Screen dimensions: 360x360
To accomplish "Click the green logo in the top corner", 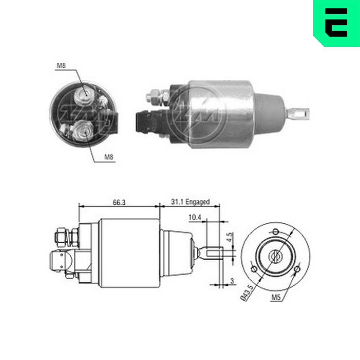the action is point(337,23).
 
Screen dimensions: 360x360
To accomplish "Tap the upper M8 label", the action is point(61,66).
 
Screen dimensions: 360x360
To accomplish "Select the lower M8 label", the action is point(109,157).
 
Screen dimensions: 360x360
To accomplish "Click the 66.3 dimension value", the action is point(119,202).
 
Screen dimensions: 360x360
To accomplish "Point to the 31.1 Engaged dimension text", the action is point(190,202).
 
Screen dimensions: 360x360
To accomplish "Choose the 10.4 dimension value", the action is point(195,217).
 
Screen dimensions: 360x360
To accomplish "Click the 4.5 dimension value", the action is point(229,237).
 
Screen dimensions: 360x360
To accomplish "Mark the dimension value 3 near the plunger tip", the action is point(232,280).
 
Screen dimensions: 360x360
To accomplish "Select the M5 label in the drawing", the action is point(276,297).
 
